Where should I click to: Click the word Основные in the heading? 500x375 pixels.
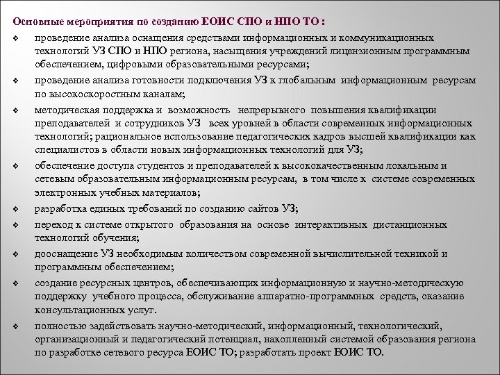point(36,19)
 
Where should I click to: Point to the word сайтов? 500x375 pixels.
point(256,209)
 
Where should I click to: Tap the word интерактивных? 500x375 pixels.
point(329,224)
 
